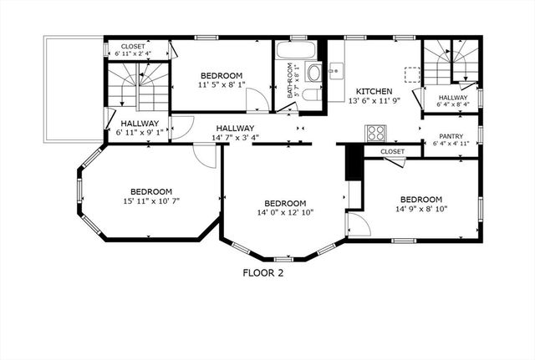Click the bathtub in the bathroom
coord(296,49)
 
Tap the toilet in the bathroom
coord(309,94)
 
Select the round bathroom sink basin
coord(314,73)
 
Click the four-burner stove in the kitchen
coord(375,133)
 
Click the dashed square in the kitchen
coord(412,74)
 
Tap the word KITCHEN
coord(374,91)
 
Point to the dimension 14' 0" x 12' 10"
coord(285,213)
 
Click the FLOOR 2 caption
coord(263,272)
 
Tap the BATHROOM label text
coord(291,82)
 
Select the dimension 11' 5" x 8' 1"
coord(222,84)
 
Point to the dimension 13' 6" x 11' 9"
coord(373,100)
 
